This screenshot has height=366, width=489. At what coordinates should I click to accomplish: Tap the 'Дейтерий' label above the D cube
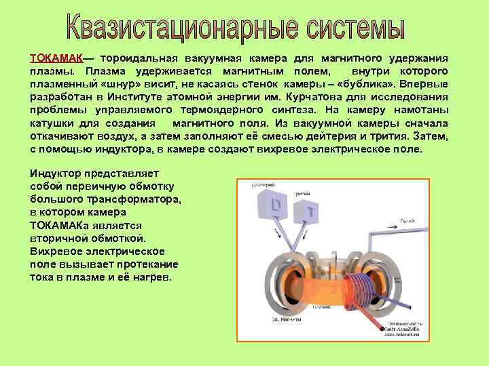(263, 184)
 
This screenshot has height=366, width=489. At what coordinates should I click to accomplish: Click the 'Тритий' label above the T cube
(302, 193)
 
